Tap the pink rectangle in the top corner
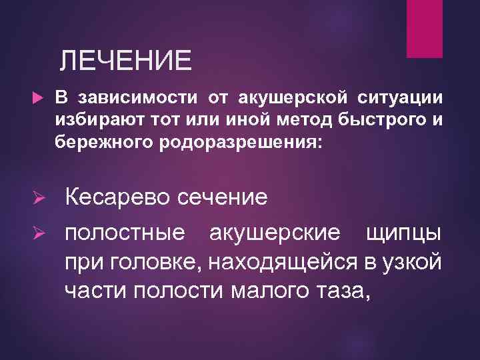[425, 27]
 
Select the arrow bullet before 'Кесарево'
[39, 198]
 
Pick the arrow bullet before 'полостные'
[39, 233]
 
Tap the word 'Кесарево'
[115, 198]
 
